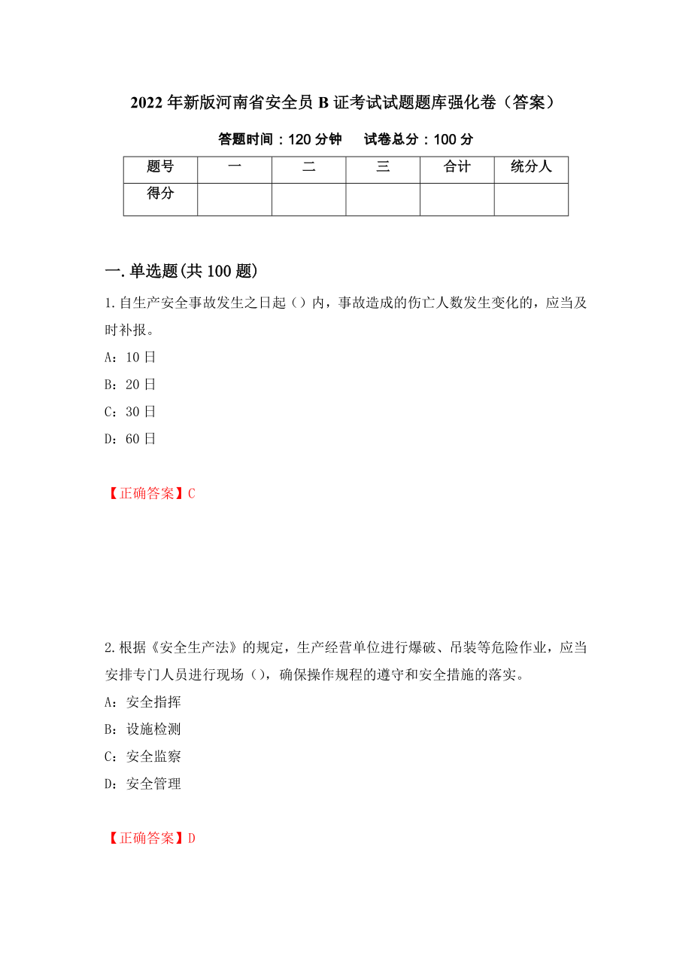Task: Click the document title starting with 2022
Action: click(345, 103)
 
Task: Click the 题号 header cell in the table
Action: click(160, 167)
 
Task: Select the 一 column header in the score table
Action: click(235, 167)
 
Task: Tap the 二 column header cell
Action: click(308, 167)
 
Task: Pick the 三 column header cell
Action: click(383, 167)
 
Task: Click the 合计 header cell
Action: click(457, 167)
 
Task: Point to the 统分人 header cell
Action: click(531, 167)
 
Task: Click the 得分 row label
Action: click(160, 194)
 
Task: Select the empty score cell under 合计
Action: click(457, 199)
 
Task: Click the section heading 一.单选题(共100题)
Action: click(181, 272)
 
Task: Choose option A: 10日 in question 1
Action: click(130, 358)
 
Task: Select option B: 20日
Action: click(130, 385)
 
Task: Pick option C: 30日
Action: click(130, 412)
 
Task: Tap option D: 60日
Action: click(130, 439)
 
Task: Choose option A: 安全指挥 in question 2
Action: click(143, 702)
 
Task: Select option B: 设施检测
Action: click(143, 729)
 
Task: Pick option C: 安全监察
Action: click(143, 756)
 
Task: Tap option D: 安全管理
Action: click(143, 784)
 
